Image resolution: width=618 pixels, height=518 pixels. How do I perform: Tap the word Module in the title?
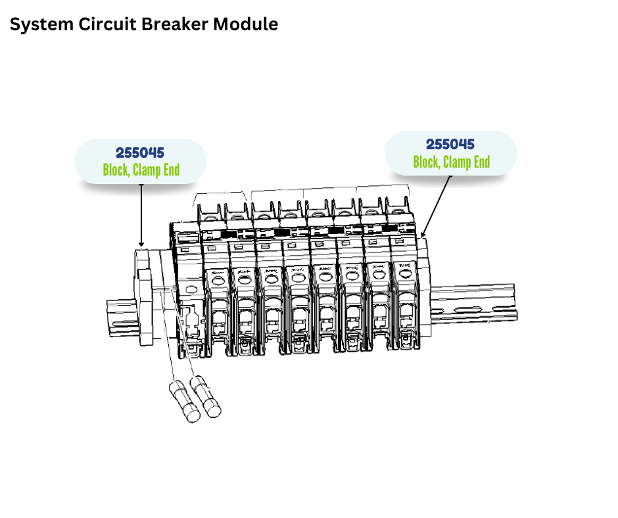coord(247,25)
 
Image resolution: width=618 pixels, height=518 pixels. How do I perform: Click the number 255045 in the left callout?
coord(140,153)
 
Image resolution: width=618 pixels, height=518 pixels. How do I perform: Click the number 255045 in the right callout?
coord(450,145)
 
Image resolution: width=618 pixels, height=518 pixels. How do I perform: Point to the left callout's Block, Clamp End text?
coord(141,170)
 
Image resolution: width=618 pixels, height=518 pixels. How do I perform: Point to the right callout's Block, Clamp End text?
coord(451,162)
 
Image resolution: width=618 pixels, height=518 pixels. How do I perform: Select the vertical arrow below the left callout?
coord(141,214)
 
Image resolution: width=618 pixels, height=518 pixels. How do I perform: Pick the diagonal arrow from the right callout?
coord(437,204)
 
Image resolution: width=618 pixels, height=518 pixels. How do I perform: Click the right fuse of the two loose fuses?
coord(206,396)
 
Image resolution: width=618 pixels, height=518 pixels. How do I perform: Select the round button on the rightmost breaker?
coord(404,279)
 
